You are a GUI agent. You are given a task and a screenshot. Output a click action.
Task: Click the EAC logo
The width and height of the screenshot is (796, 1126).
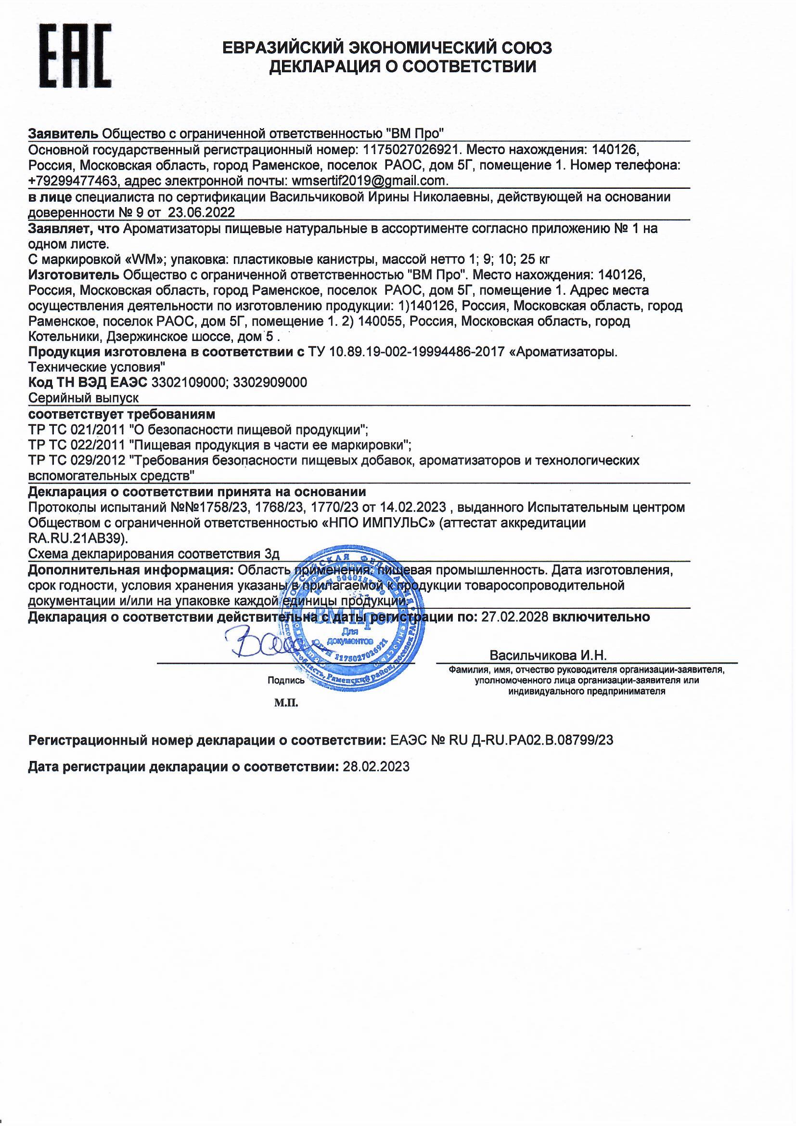[x=75, y=56]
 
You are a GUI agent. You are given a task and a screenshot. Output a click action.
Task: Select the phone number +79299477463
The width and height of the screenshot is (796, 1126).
[x=74, y=181]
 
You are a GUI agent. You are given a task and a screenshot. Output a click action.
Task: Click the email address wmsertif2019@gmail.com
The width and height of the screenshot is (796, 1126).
[x=369, y=181]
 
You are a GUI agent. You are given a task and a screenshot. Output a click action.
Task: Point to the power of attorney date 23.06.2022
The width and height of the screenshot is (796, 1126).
[x=202, y=213]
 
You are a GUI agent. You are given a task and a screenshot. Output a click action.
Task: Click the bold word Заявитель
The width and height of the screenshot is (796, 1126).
[x=63, y=133]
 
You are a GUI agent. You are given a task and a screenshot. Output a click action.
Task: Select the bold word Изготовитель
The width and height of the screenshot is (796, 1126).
[x=74, y=275]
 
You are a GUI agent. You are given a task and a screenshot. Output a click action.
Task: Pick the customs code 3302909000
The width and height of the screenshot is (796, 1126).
[x=270, y=382]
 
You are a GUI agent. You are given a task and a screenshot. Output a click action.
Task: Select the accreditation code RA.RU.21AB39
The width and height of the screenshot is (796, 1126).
[x=77, y=538]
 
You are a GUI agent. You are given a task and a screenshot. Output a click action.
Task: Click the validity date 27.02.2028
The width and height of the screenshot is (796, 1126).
[x=514, y=617]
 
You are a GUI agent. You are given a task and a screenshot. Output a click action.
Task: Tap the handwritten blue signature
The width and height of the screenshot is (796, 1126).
[x=260, y=642]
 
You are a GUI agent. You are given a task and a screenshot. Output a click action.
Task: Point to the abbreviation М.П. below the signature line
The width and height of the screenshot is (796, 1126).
[x=286, y=703]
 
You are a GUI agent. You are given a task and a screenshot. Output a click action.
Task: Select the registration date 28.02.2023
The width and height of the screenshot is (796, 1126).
[x=376, y=767]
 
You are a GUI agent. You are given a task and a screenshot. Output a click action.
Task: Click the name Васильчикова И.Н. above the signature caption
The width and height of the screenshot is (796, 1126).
[x=548, y=655]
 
